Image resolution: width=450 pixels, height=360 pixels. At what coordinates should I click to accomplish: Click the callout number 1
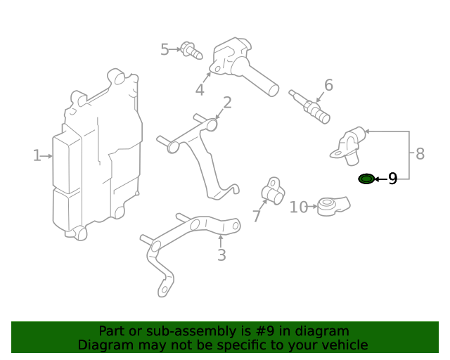37,155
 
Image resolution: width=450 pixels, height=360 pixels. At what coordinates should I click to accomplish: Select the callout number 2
227,104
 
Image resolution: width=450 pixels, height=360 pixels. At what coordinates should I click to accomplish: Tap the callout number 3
221,255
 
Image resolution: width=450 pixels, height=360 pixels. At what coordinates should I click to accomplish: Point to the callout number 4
200,90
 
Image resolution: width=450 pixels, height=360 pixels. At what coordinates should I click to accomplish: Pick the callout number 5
165,50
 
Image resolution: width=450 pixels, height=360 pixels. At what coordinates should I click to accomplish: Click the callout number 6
328,86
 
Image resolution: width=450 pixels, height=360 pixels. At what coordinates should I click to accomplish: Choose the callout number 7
257,217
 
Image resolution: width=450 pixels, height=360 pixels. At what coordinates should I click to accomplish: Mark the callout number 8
420,154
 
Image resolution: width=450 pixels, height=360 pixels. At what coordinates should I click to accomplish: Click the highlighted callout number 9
392,179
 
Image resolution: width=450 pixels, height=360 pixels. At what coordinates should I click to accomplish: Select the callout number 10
299,207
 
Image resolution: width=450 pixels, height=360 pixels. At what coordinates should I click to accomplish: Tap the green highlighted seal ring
366,179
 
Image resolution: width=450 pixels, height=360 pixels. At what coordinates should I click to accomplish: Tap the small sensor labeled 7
273,191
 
